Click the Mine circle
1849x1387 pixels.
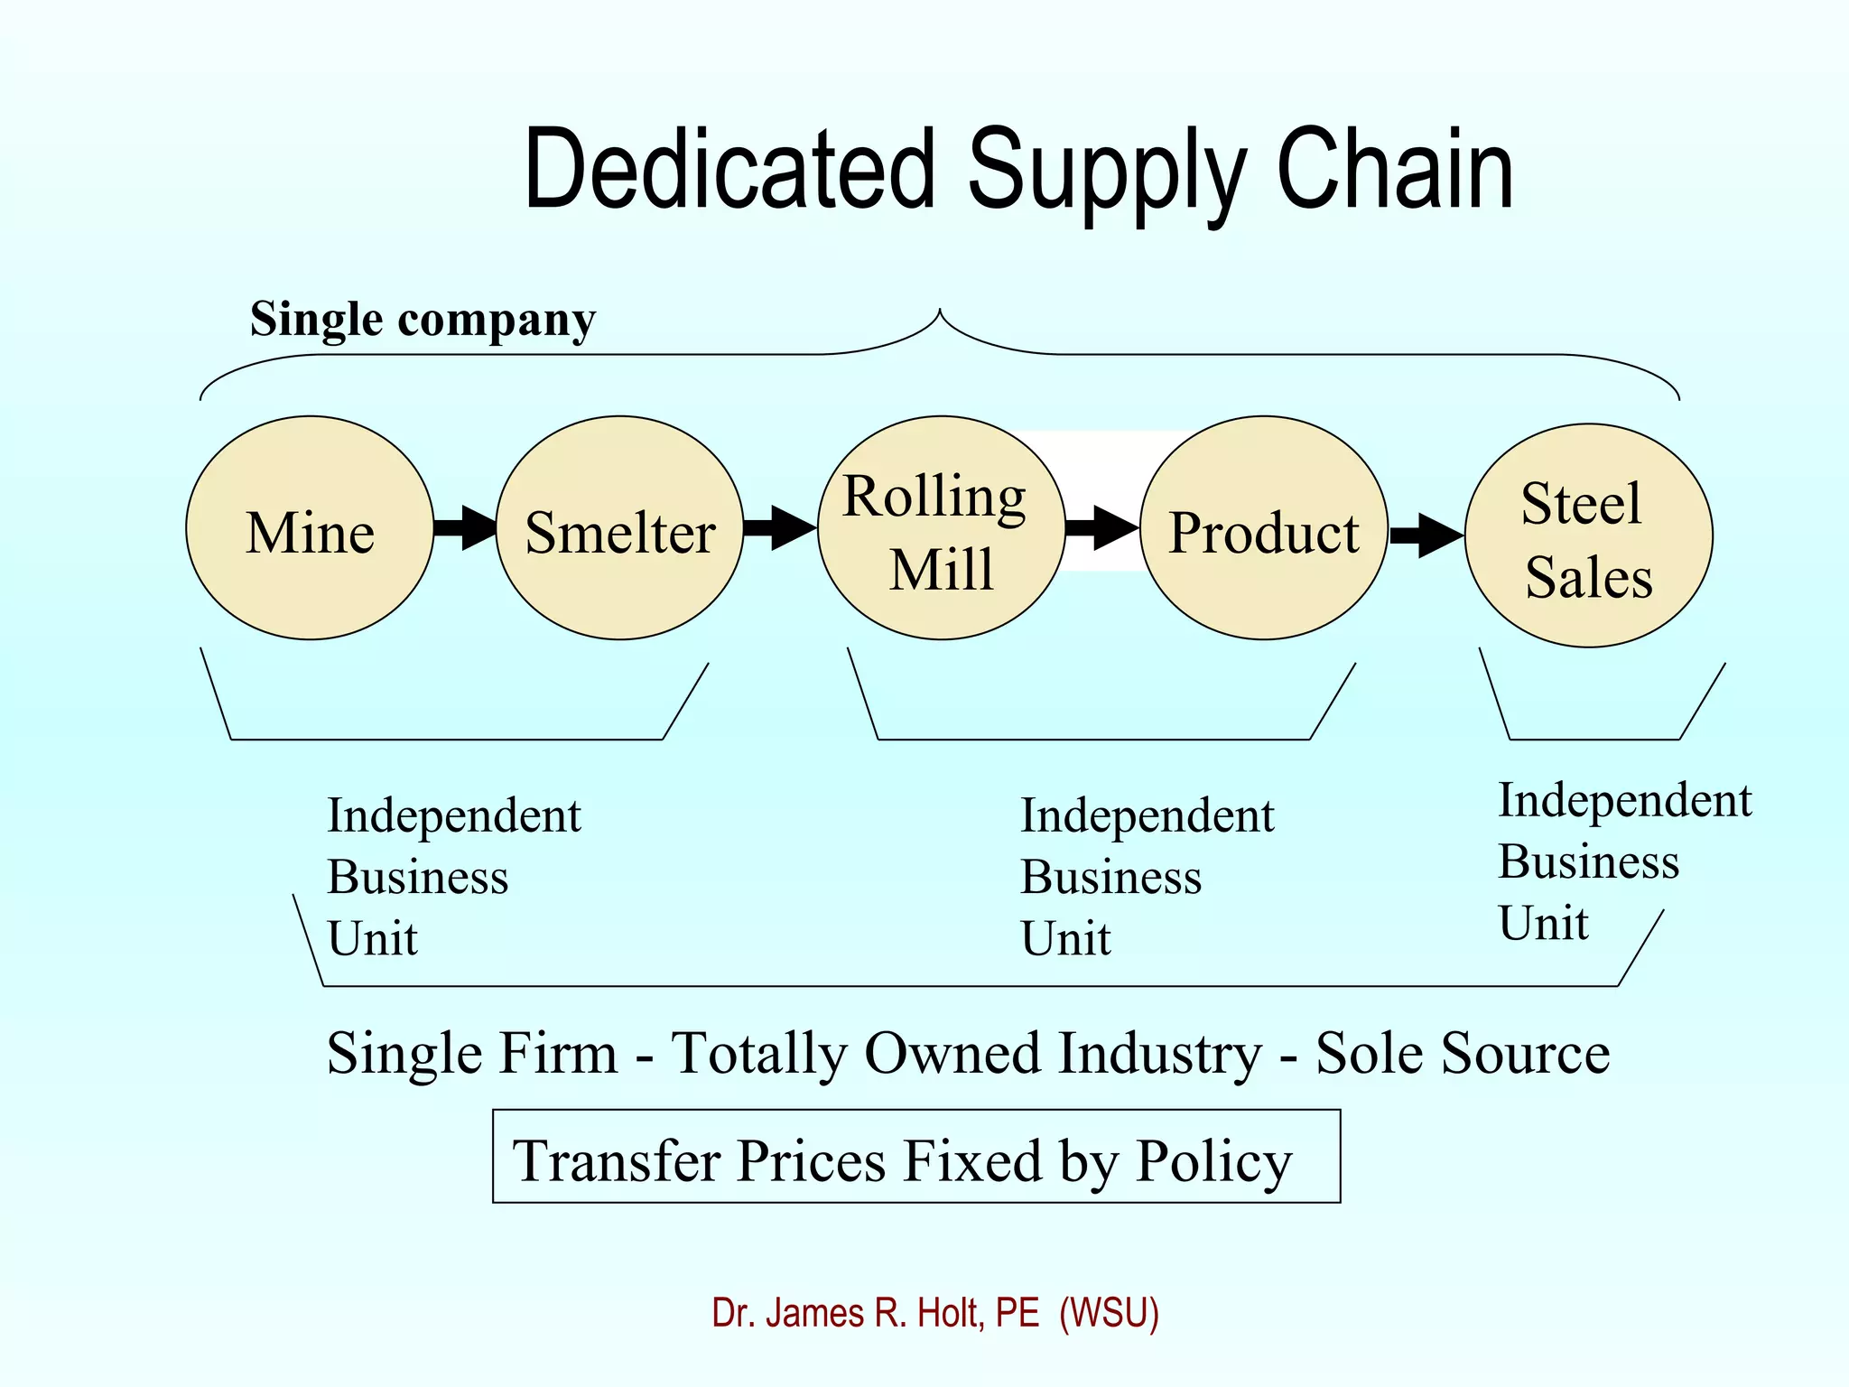[310, 528]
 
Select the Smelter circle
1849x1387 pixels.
[619, 528]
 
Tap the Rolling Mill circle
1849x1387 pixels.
[941, 528]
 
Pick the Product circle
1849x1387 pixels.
[1263, 528]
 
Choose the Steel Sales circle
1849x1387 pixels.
[1588, 535]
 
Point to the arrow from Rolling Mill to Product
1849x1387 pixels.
[1102, 527]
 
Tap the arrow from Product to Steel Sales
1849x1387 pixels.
[1426, 535]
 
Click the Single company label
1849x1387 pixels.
[423, 320]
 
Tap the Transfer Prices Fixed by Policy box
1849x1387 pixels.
[915, 1157]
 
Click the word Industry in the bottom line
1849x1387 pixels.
[1159, 1053]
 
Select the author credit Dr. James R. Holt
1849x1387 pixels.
[934, 1312]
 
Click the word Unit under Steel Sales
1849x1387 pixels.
[1543, 923]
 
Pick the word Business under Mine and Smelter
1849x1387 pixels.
[417, 877]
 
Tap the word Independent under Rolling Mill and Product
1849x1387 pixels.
[1147, 815]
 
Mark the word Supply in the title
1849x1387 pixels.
[1107, 172]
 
